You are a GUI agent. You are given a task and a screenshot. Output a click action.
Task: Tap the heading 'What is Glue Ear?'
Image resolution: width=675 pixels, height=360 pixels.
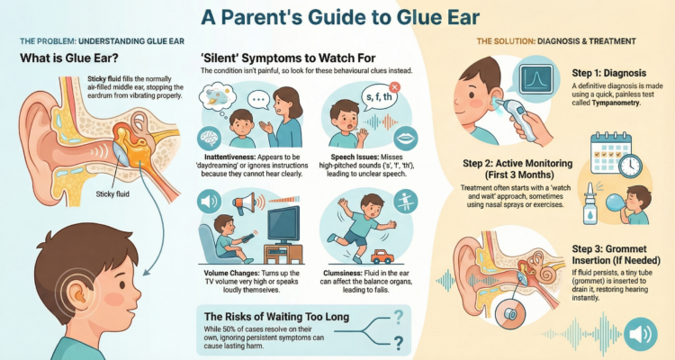pyautogui.click(x=73, y=60)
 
